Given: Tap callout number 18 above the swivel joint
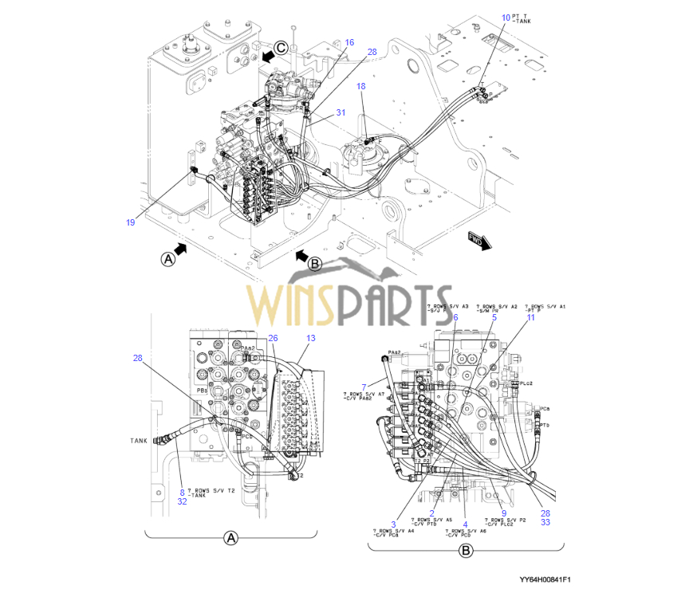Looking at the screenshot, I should (x=361, y=85).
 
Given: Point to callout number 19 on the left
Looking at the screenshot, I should (x=130, y=222).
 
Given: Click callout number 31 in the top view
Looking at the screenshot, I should (x=341, y=112).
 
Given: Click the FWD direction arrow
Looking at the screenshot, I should (x=478, y=240).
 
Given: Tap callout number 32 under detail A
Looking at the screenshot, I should (x=182, y=501).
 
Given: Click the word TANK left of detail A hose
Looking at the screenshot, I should (x=139, y=440).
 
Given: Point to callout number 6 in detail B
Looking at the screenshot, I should (x=455, y=317).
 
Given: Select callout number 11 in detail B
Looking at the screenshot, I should (x=531, y=317).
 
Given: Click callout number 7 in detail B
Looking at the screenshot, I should (x=364, y=387).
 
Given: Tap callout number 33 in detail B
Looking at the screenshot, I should (x=545, y=523).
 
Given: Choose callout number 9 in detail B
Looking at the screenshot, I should (x=504, y=513).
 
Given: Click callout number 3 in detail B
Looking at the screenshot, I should (x=394, y=523).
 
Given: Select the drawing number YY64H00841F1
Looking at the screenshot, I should (x=545, y=579).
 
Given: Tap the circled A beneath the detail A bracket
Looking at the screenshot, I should (x=230, y=538).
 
